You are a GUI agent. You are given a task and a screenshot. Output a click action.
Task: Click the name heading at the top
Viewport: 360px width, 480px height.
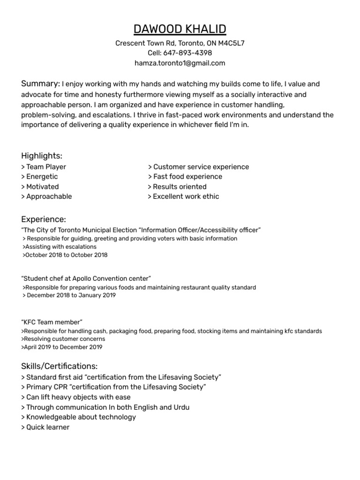click(x=180, y=29)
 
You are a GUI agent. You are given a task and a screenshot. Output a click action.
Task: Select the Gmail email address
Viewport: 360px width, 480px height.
click(x=180, y=63)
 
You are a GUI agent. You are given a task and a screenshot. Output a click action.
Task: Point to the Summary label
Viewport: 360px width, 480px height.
click(x=40, y=84)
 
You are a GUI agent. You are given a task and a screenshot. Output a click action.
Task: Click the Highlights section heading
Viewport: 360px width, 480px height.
click(x=42, y=156)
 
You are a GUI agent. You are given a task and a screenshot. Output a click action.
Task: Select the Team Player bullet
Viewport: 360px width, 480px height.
click(x=44, y=167)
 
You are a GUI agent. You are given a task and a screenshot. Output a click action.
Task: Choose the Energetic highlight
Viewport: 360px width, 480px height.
click(x=40, y=177)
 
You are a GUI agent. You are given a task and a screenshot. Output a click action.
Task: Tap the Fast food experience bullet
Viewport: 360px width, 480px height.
click(x=185, y=177)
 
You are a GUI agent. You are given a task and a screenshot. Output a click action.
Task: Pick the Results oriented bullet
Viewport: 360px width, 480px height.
click(x=177, y=187)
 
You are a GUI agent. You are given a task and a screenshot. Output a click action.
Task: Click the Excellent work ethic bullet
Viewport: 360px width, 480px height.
click(x=183, y=196)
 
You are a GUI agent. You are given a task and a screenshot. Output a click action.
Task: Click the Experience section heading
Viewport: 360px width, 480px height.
click(x=44, y=219)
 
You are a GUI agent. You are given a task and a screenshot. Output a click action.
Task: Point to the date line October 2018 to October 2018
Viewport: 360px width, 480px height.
click(x=65, y=255)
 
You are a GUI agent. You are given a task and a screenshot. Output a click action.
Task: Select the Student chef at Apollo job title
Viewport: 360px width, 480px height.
click(x=86, y=278)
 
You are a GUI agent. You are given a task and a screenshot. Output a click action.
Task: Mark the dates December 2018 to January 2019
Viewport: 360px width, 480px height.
click(x=69, y=295)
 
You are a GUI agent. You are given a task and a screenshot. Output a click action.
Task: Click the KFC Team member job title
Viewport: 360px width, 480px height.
click(x=52, y=322)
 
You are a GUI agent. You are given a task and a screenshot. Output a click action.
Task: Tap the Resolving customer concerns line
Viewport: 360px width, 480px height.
click(x=63, y=339)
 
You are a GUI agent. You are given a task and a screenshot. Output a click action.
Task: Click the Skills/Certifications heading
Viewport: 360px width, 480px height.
click(x=60, y=366)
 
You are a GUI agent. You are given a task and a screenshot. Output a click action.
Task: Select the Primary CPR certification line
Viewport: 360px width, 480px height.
click(x=113, y=387)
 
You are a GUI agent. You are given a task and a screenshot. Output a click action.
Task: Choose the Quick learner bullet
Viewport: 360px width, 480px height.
click(x=45, y=427)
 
